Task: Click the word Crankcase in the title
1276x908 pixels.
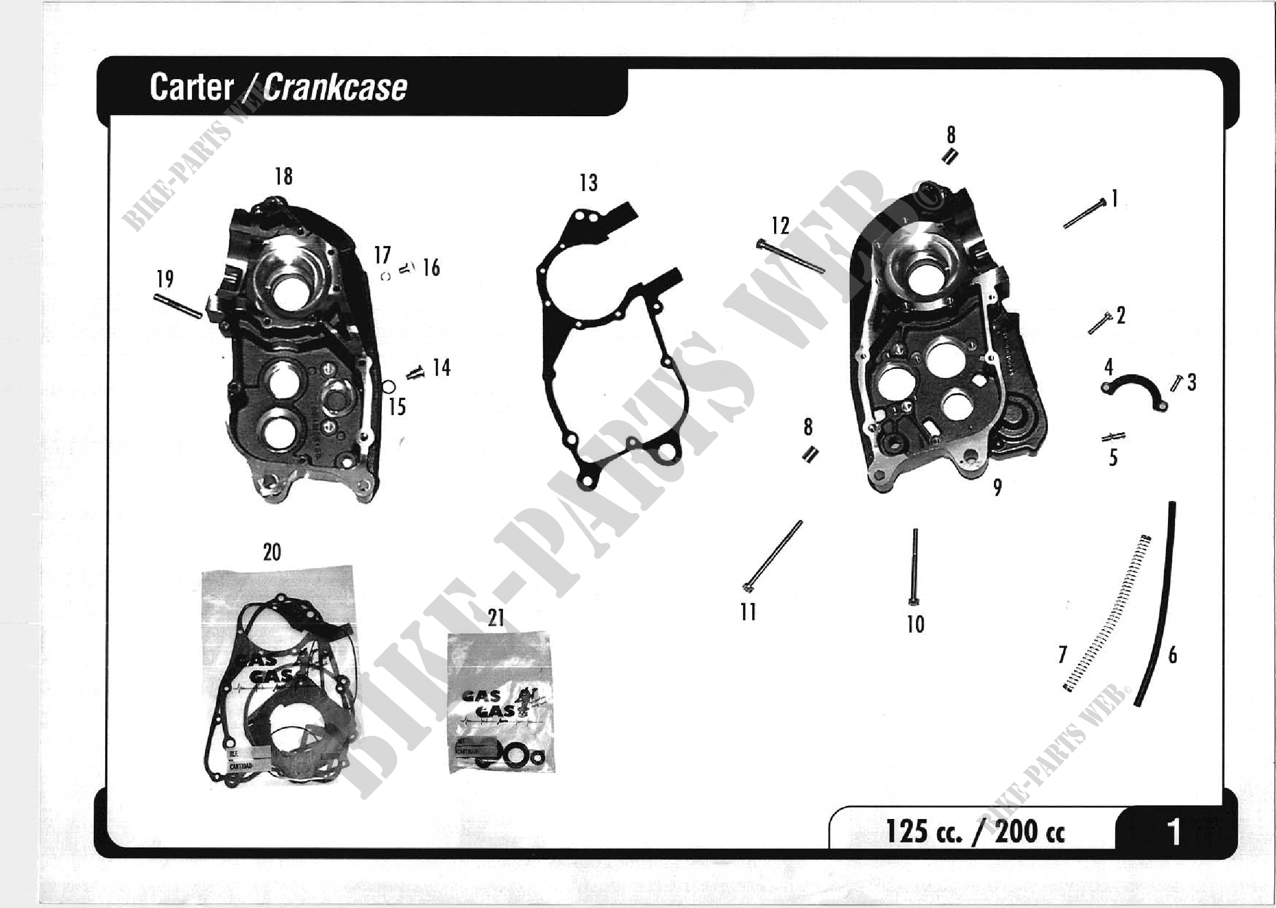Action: [335, 88]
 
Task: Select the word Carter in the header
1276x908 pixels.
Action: [191, 88]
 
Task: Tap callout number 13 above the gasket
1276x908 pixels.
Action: [588, 183]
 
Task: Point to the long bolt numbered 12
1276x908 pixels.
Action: [790, 256]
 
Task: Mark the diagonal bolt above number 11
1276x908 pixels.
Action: [774, 557]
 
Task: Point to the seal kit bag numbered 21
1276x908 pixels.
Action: [501, 704]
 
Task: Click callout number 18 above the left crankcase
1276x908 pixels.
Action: [283, 177]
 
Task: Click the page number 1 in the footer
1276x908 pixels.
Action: [1174, 832]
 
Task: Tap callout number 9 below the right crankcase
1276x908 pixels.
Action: [997, 487]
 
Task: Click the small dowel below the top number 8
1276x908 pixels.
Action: [950, 157]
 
